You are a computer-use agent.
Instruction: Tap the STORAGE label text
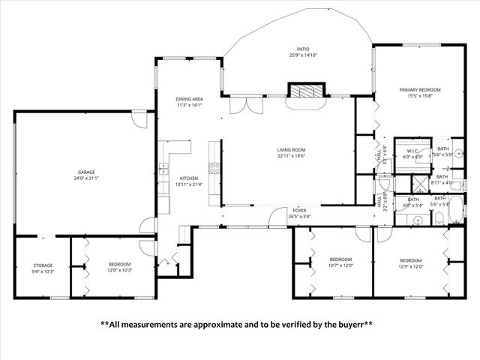[x=42, y=265]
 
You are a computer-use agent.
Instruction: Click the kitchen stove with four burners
[x=213, y=169]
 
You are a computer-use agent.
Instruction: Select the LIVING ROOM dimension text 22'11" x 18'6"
[x=292, y=156]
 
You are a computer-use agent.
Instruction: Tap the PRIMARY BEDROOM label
[x=419, y=90]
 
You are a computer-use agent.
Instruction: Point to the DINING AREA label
[x=189, y=99]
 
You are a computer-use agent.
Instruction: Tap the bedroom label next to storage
[x=120, y=264]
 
